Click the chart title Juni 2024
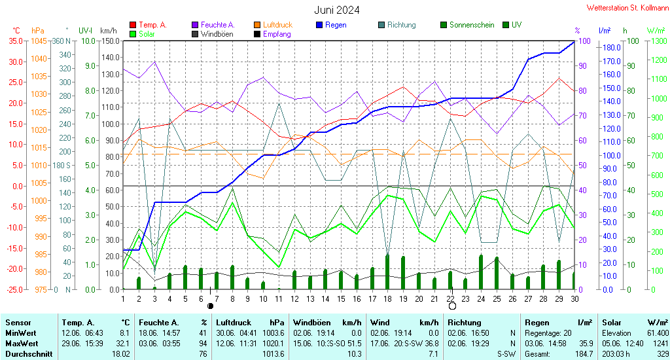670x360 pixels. [x=337, y=10]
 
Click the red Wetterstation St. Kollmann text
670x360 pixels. [x=627, y=8]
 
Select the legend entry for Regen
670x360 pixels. [x=332, y=25]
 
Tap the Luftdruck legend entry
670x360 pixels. [x=273, y=25]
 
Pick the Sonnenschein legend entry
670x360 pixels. [x=467, y=25]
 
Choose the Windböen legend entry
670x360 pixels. [x=213, y=34]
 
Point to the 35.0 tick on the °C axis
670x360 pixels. [x=16, y=41]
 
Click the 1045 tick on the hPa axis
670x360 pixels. [x=39, y=41]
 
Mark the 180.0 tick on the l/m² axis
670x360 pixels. [x=612, y=48]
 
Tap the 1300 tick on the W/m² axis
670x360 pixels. [x=658, y=41]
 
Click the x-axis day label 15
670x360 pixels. [x=340, y=299]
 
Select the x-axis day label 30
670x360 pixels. [x=574, y=299]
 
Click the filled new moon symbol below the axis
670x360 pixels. [x=210, y=306]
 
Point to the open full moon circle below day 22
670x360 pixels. [x=452, y=306]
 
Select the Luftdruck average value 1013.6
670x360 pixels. [x=273, y=354]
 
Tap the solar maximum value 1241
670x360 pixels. [x=661, y=344]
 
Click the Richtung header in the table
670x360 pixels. [x=465, y=323]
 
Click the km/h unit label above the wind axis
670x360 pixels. [x=109, y=30]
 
